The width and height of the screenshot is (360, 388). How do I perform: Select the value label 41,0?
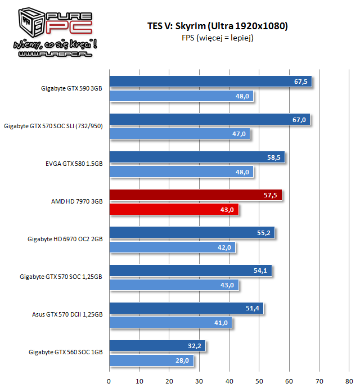coord(222,323)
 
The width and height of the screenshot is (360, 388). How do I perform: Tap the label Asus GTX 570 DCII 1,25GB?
coord(67,314)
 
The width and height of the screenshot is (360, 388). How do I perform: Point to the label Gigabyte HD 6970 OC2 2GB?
coord(65,239)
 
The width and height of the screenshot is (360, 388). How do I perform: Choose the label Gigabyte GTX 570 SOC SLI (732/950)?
coord(55,126)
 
